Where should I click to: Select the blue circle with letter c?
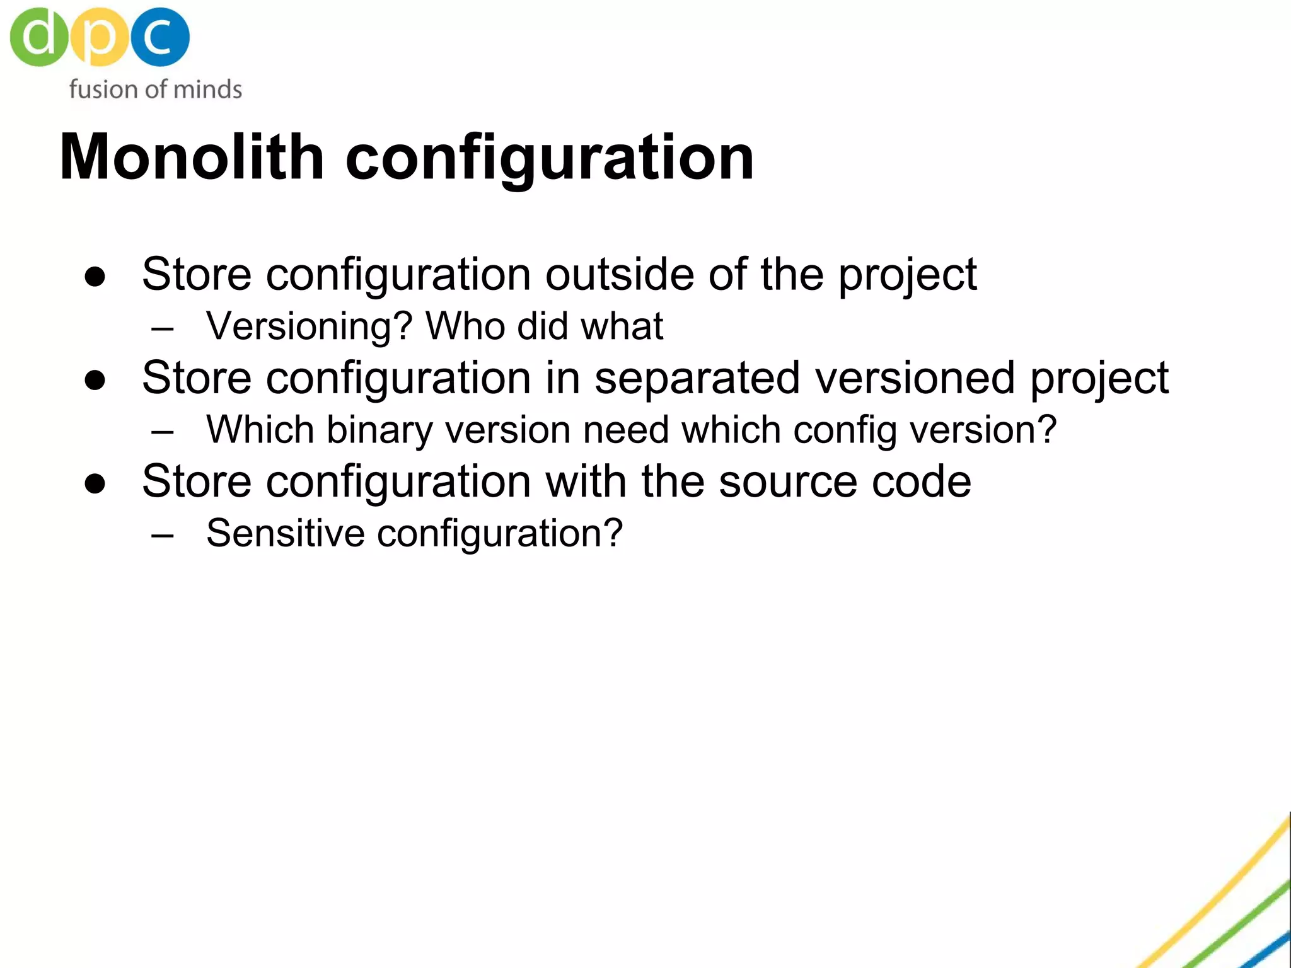click(160, 37)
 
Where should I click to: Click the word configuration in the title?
click(549, 159)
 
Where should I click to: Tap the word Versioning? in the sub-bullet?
click(310, 326)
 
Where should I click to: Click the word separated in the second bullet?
click(697, 378)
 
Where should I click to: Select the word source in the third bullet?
click(788, 481)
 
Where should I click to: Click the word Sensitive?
click(286, 533)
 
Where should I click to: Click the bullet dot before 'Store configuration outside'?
click(95, 277)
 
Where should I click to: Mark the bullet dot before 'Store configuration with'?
click(95, 484)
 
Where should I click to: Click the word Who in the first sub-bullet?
click(465, 326)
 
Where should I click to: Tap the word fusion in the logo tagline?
click(101, 89)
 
